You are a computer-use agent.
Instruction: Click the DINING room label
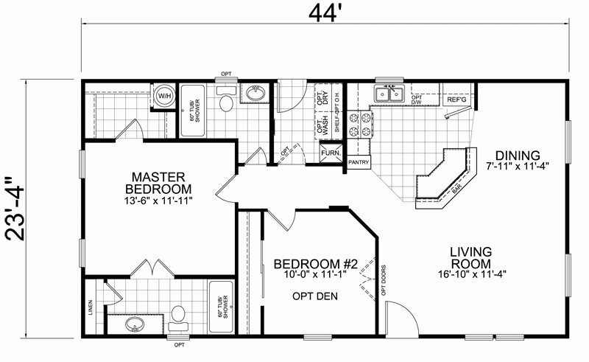pos(518,156)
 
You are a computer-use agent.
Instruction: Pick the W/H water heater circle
pos(163,94)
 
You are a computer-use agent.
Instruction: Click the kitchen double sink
pos(388,94)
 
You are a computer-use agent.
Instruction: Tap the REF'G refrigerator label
pos(456,98)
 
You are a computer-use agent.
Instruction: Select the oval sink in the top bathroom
pos(254,94)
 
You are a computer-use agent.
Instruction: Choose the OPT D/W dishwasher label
pos(417,100)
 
